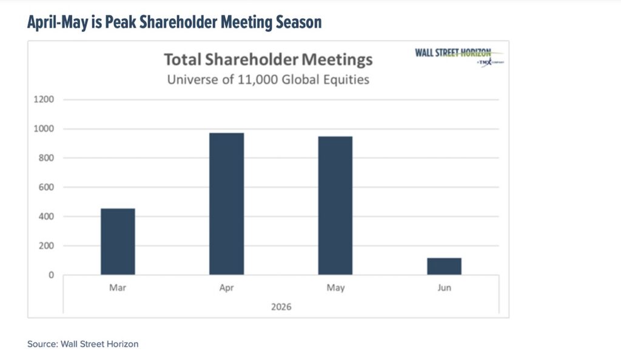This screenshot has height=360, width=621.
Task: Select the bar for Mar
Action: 118,241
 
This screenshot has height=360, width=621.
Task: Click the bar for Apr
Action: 226,204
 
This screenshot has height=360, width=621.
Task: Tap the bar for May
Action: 335,205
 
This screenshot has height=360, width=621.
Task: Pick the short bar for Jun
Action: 444,266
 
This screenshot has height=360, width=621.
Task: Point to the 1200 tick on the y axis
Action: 45,99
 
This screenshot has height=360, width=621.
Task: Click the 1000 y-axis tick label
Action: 45,128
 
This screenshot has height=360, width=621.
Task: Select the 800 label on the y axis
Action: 47,158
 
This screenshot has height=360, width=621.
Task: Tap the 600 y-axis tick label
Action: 47,187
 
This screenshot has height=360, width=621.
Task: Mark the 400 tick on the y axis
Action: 47,216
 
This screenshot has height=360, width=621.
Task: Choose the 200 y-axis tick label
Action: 47,246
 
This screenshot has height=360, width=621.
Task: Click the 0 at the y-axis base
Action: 51,275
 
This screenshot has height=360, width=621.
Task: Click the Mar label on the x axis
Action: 118,288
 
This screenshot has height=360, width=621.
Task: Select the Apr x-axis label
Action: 226,288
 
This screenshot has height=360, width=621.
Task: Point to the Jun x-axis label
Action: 444,288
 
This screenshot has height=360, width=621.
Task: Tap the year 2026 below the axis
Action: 281,307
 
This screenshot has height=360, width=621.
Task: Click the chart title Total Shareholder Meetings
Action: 268,61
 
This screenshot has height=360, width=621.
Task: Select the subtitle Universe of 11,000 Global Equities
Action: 268,79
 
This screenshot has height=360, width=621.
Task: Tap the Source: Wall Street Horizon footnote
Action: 82,344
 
